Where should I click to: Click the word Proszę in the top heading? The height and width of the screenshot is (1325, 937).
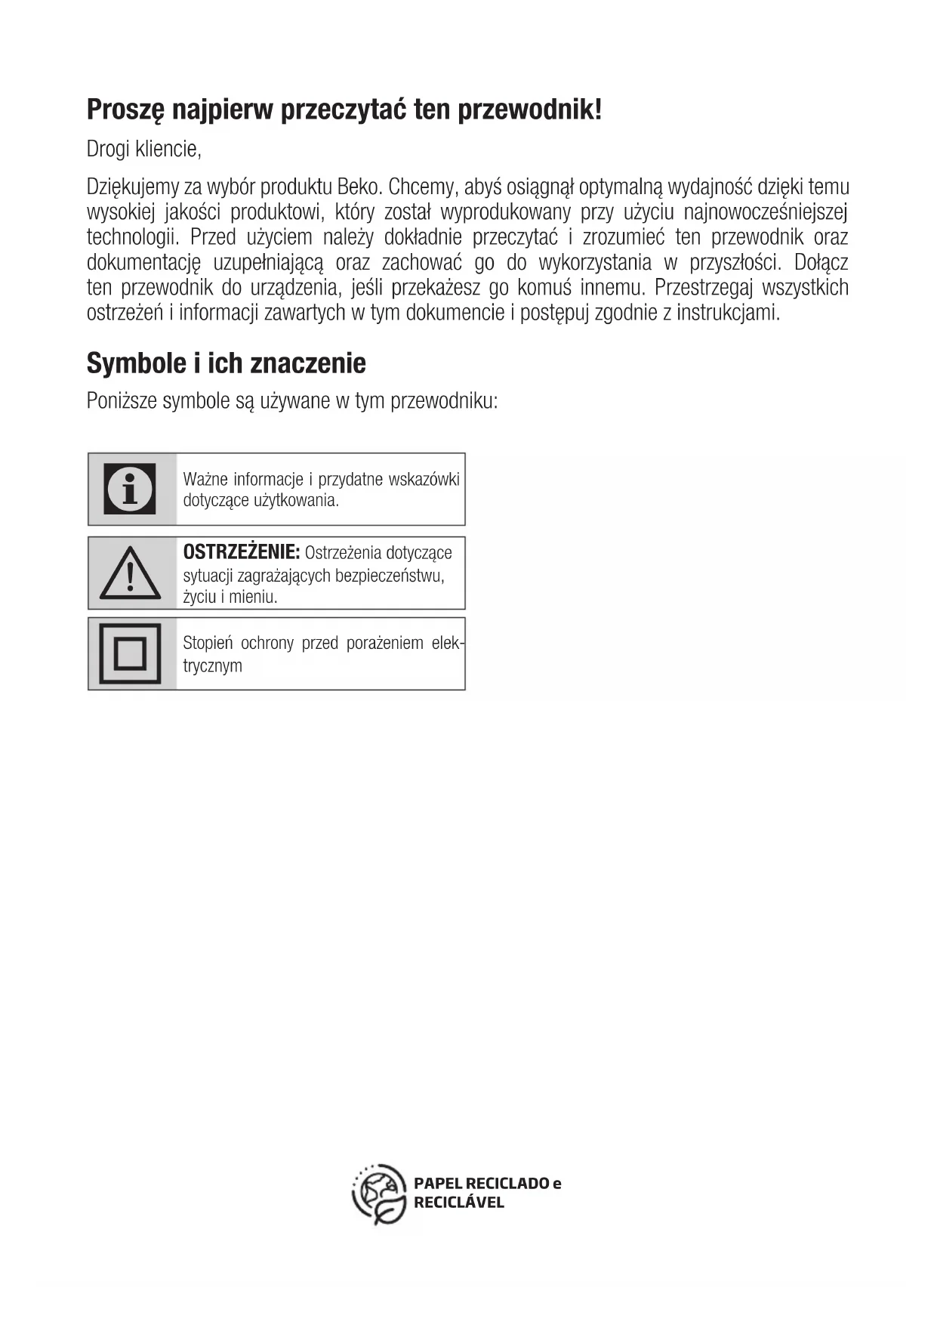click(x=125, y=110)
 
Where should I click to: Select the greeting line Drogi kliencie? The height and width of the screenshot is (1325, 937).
click(x=143, y=149)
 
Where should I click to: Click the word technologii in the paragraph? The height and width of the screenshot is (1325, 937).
click(x=132, y=237)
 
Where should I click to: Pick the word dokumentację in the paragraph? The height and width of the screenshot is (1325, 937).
click(x=144, y=263)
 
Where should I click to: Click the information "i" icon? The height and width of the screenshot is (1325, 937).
click(x=131, y=489)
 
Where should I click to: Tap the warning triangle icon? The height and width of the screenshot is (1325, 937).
click(x=130, y=573)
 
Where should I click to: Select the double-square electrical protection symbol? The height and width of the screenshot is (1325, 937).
click(x=130, y=653)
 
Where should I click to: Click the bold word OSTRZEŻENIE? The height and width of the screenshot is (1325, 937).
click(x=242, y=552)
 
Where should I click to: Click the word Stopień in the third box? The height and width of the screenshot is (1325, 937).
click(x=208, y=644)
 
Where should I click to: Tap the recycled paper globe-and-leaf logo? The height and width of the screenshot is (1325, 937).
click(x=380, y=1194)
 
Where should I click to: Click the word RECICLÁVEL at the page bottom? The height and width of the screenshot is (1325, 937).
click(x=458, y=1203)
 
